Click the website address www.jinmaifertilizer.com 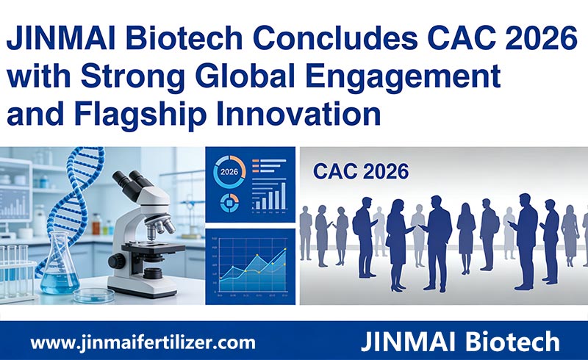[x=143, y=342]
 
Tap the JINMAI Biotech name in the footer [x=462, y=342]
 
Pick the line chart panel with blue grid [x=250, y=265]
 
